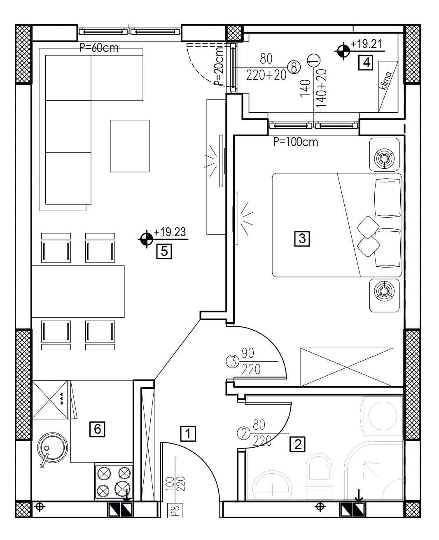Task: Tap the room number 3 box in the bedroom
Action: (x=302, y=238)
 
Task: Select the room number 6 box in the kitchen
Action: (x=97, y=429)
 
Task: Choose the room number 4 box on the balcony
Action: (x=366, y=63)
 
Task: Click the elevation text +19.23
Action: (x=170, y=232)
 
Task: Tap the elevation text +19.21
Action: (x=366, y=44)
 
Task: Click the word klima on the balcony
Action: (x=385, y=81)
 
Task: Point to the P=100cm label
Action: (x=295, y=142)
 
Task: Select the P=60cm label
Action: (x=99, y=48)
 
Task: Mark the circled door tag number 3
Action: (x=233, y=361)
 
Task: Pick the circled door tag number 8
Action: (x=294, y=67)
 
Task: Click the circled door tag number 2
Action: (x=244, y=433)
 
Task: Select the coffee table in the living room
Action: (x=130, y=146)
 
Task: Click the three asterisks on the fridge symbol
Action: (x=62, y=399)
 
